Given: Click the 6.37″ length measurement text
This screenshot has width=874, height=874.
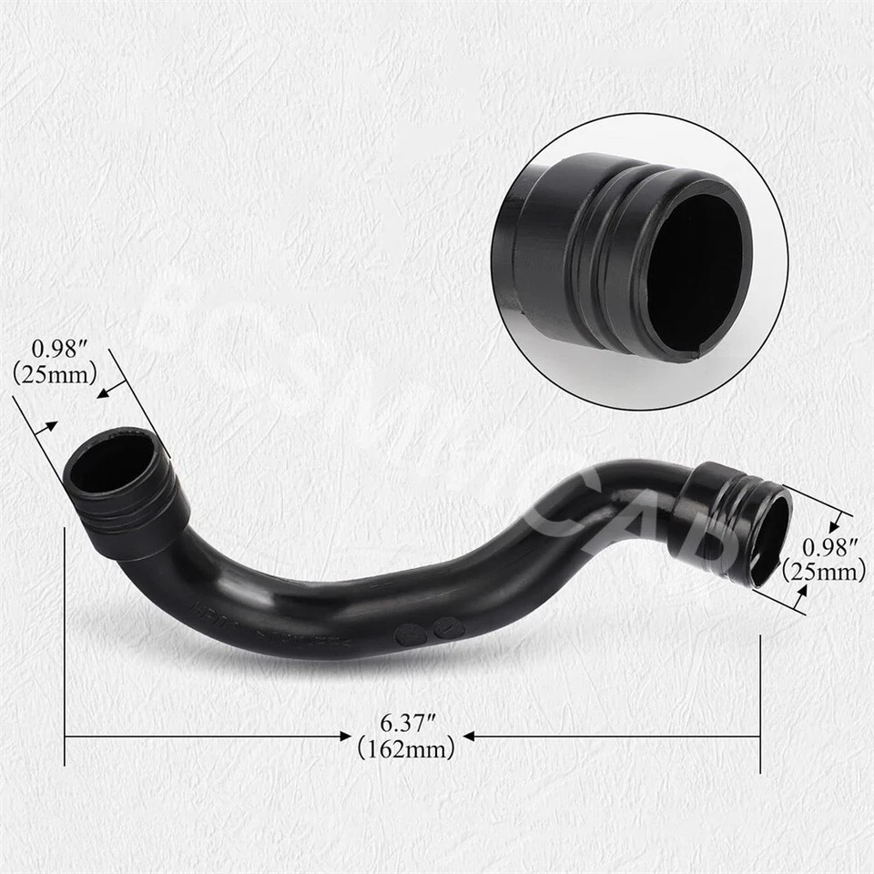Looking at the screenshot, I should (x=406, y=725).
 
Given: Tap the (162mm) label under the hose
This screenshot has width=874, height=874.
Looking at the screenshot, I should (x=406, y=750).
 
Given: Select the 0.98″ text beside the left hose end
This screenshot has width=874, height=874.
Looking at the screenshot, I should (x=59, y=349).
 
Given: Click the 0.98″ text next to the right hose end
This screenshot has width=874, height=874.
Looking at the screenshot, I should (x=831, y=547).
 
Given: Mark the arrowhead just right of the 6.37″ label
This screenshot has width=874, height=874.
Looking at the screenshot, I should (x=469, y=736).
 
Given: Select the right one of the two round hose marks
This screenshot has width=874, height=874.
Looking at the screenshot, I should (x=446, y=627).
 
